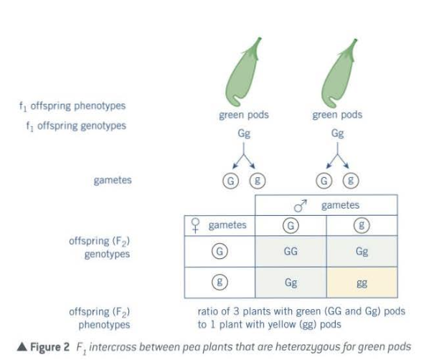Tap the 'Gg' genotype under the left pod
(x=244, y=133)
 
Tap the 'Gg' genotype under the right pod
(x=337, y=133)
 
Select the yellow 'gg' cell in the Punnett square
(x=362, y=283)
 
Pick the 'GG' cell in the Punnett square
(x=291, y=252)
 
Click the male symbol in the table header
(x=301, y=206)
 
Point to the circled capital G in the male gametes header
(x=291, y=225)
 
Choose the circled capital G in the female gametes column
(x=220, y=252)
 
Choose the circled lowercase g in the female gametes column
(x=220, y=283)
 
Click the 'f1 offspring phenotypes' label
(x=72, y=106)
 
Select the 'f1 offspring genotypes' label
(x=72, y=125)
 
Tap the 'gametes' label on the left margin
(x=113, y=180)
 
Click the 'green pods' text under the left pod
(x=244, y=115)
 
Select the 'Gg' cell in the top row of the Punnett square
(x=362, y=252)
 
